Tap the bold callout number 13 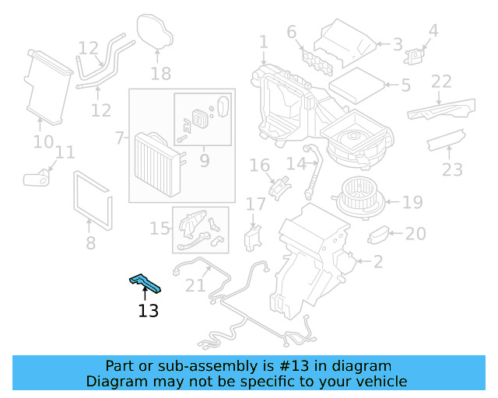point(148,311)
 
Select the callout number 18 point(160,74)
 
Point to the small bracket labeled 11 point(36,179)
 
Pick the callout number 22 point(441,82)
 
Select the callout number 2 point(377,262)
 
